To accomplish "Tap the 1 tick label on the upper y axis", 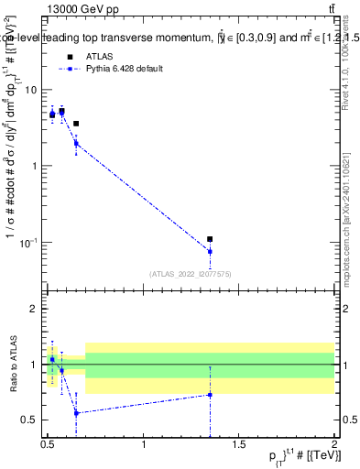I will [34, 166].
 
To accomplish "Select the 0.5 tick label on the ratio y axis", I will [30, 420].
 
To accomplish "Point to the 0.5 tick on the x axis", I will [48, 446].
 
